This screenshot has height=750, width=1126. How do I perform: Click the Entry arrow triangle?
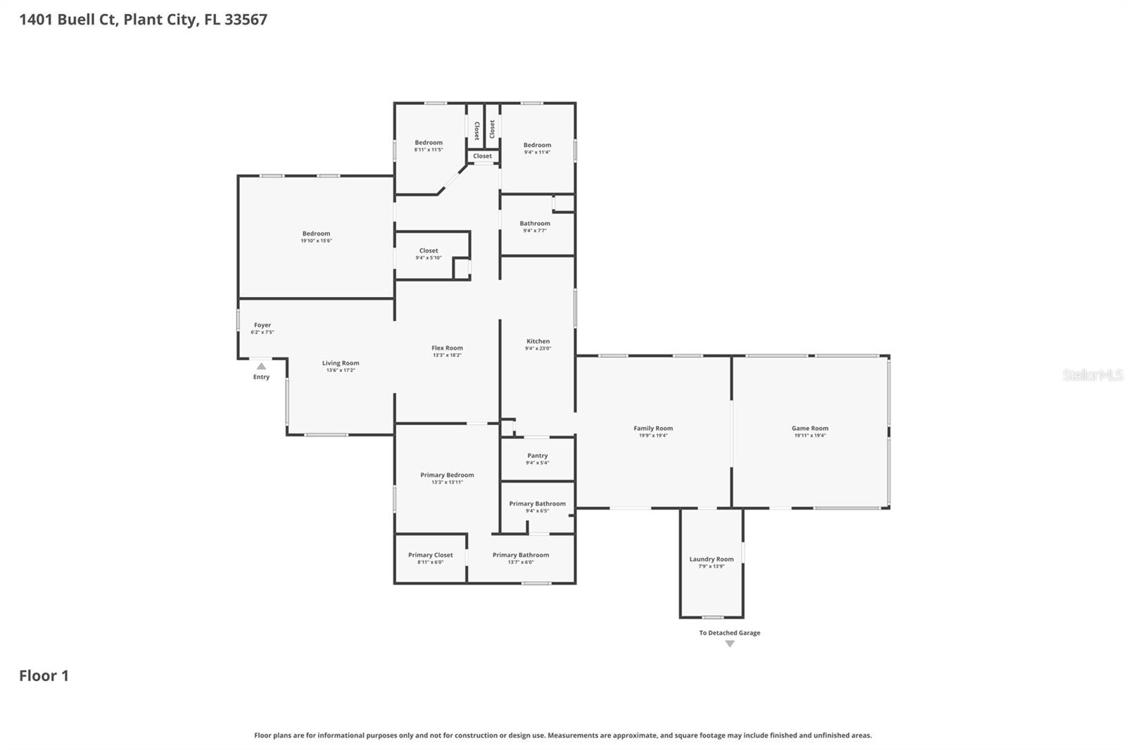(261, 366)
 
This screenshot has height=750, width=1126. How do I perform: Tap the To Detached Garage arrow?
(730, 644)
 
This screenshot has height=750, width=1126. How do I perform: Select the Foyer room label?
(262, 325)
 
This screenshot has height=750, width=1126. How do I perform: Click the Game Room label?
(810, 428)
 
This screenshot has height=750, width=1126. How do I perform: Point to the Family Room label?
(653, 428)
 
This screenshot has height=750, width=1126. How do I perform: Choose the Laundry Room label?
(711, 559)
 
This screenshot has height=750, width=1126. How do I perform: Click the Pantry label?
(538, 455)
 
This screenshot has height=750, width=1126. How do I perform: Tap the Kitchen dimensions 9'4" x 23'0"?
(538, 348)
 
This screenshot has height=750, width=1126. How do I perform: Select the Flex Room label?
(447, 348)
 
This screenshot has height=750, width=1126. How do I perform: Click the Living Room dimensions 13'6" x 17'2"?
(341, 370)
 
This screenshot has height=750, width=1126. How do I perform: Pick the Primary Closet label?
(431, 554)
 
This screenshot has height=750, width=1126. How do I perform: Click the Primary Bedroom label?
(447, 475)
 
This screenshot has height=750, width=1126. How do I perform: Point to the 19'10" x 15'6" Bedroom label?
(316, 234)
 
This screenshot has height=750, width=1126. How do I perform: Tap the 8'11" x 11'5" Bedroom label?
(429, 143)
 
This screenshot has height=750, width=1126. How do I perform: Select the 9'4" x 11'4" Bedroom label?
(537, 145)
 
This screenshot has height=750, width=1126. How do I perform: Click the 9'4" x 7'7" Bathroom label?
(535, 223)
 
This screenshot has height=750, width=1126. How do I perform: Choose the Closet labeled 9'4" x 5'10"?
(429, 250)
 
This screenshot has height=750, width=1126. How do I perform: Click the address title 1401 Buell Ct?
(143, 20)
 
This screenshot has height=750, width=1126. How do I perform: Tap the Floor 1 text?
(44, 675)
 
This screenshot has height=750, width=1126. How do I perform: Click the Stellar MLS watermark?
(1093, 375)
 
